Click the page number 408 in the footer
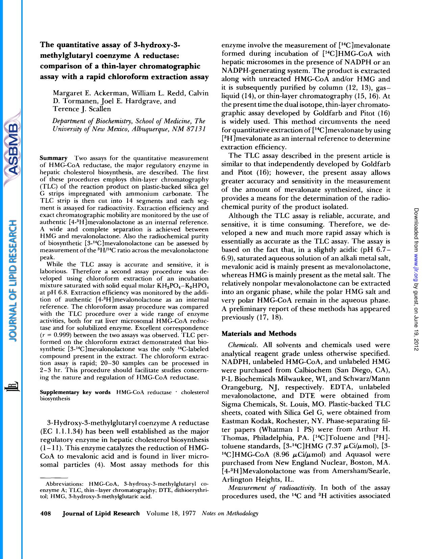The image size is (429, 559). click(45, 513)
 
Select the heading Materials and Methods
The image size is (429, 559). click(259, 334)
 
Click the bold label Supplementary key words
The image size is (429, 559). click(75, 392)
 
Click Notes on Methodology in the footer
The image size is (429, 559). click(230, 513)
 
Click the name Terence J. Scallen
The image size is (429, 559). click(82, 109)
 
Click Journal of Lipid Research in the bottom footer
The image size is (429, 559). click(101, 513)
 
